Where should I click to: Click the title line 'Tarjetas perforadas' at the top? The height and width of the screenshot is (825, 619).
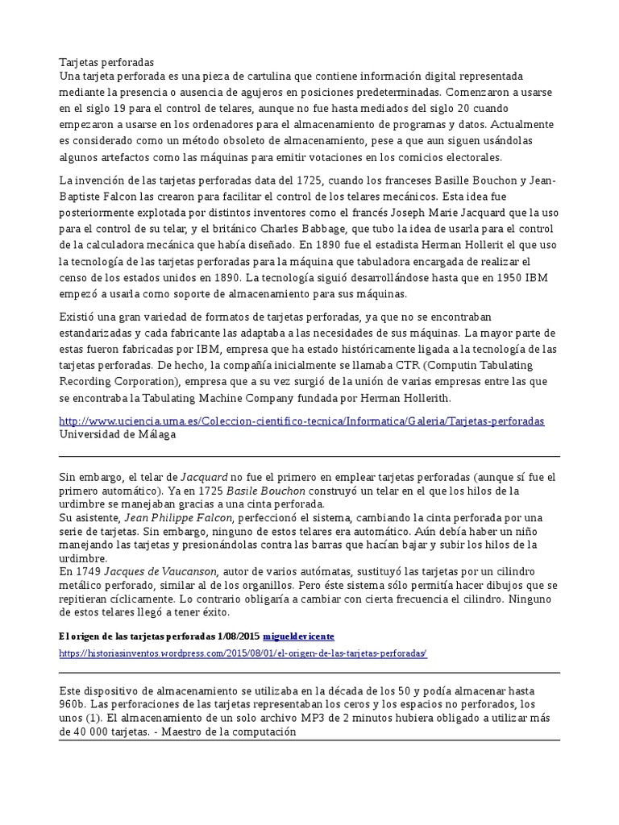pyautogui.click(x=106, y=62)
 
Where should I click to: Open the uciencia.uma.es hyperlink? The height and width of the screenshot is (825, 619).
pyautogui.click(x=302, y=421)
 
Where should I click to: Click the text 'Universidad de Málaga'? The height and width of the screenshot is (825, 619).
pyautogui.click(x=118, y=434)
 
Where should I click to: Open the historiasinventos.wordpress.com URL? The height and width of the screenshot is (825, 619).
pyautogui.click(x=243, y=653)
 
